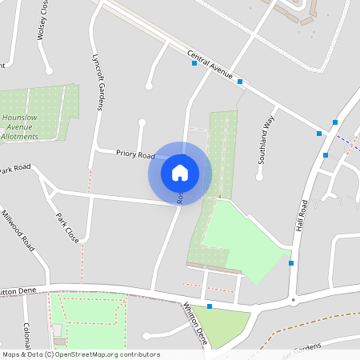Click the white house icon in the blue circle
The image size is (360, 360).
180,172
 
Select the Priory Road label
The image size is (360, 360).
135,154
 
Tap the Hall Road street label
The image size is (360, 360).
303,215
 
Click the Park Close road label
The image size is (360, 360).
66,227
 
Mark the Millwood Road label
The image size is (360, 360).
17,230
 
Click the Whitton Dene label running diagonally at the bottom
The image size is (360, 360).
196,323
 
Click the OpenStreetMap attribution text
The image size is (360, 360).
80,354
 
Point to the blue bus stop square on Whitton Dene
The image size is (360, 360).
210,306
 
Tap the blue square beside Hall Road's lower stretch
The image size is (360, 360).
291,262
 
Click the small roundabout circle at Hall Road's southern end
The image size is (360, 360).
294,300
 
